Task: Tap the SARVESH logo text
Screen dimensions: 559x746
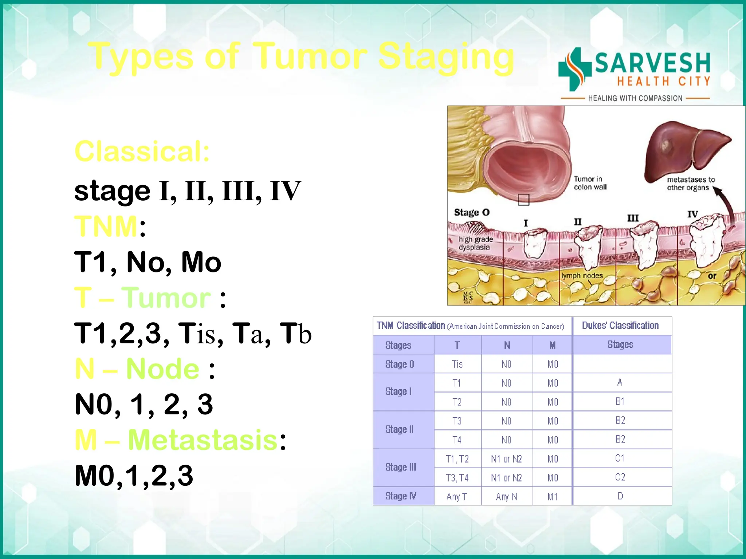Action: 652,63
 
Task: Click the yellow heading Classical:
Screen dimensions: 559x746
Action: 142,151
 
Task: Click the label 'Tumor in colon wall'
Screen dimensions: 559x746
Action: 590,183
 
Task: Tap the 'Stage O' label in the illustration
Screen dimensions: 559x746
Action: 471,212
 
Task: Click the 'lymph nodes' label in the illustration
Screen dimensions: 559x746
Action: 582,276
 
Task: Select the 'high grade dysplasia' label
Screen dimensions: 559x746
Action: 475,243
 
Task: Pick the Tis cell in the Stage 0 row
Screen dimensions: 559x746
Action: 457,364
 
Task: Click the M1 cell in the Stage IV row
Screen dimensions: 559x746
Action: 552,497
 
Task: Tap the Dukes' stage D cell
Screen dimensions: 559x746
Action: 620,496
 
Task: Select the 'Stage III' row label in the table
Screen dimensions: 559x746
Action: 400,467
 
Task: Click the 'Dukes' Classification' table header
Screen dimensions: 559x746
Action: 620,326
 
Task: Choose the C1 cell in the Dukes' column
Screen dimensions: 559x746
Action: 620,458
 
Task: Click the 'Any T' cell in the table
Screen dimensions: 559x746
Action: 457,497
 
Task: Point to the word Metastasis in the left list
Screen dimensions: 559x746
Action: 203,440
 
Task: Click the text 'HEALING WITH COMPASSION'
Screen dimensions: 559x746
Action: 635,98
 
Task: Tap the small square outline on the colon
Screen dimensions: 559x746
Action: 523,200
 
